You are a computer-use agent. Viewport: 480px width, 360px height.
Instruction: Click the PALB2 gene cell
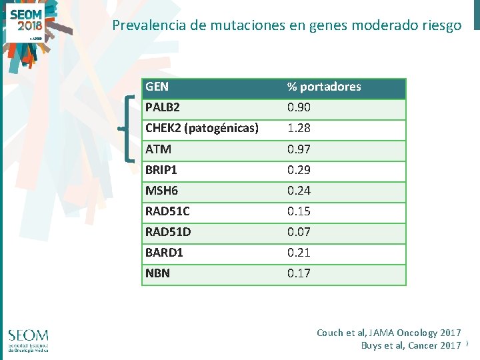162,107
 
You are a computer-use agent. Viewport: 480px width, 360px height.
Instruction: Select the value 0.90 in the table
299,107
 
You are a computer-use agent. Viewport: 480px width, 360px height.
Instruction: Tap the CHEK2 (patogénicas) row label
201,128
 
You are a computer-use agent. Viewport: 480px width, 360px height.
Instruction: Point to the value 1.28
299,128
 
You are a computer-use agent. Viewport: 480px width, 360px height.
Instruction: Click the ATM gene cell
158,149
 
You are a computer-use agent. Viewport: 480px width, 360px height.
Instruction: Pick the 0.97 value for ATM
299,149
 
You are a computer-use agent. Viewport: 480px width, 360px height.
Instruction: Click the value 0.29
299,170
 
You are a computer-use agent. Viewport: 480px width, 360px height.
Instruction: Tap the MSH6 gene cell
161,191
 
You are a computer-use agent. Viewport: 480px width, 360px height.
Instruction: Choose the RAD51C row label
167,211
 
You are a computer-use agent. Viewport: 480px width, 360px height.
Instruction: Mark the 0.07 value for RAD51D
299,232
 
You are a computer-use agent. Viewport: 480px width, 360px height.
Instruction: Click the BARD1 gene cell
164,253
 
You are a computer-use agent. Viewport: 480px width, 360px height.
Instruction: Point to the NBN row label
157,273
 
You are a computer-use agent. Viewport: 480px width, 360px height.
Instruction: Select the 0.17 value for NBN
299,273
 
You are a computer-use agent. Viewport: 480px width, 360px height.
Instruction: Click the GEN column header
157,87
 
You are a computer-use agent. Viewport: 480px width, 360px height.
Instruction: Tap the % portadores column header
324,87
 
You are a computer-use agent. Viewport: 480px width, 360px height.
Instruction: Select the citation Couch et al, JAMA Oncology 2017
389,333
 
